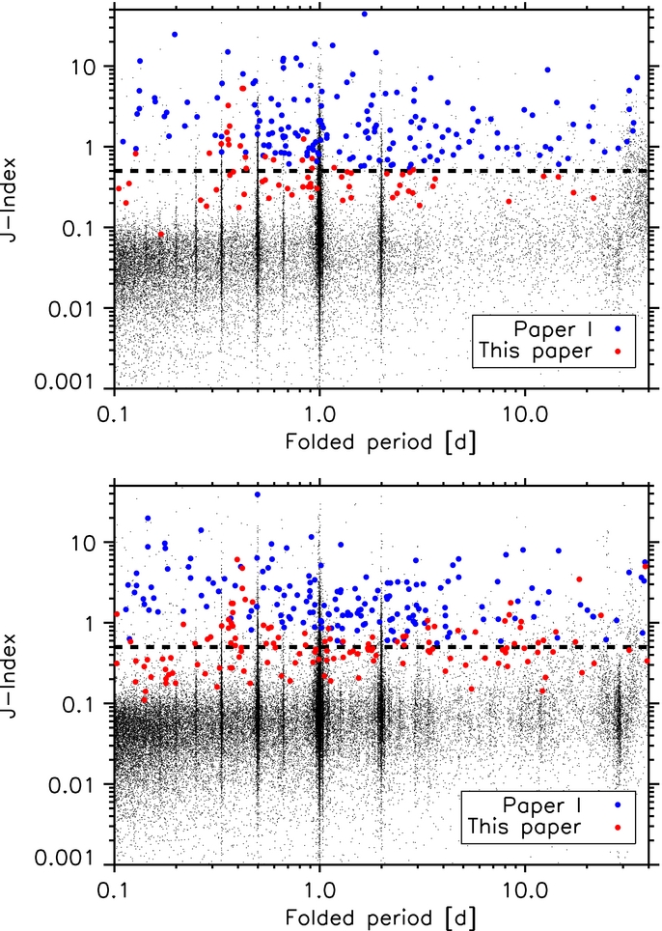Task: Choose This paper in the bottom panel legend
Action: coord(523,827)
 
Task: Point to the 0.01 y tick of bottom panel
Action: coord(77,784)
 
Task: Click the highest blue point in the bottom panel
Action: coord(257,494)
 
